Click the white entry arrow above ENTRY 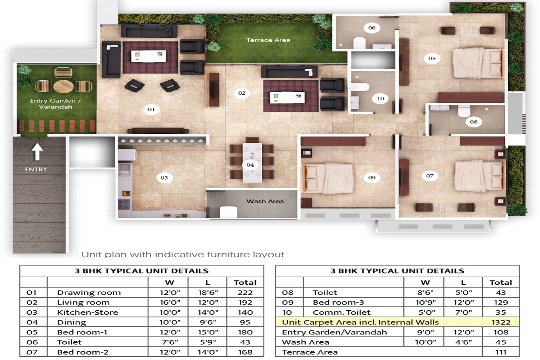tap(37, 152)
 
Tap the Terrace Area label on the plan tap(268, 40)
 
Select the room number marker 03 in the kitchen tap(164, 178)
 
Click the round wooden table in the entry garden tap(63, 86)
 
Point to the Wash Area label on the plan tap(265, 201)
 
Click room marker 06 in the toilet tap(372, 28)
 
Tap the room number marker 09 tap(372, 178)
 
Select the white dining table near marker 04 tap(252, 163)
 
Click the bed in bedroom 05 tap(478, 63)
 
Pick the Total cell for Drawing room tap(245, 292)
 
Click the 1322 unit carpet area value tap(501, 323)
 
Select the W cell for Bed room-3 tap(426, 302)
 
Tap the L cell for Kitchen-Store tap(208, 312)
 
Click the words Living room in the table tap(83, 302)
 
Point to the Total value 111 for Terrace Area tap(501, 352)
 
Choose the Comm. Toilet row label tap(341, 312)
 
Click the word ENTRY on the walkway tap(36, 169)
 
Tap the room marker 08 tap(474, 122)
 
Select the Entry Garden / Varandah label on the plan tap(55, 104)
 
